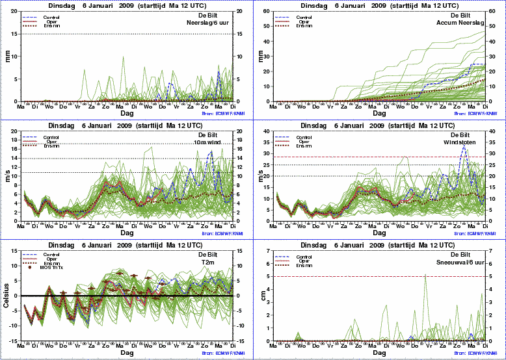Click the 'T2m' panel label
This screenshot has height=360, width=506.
point(226,261)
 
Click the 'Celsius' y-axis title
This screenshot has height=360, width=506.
point(7,296)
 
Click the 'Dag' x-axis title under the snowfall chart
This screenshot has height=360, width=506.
point(380,353)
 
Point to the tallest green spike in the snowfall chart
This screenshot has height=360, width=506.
point(425,275)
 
